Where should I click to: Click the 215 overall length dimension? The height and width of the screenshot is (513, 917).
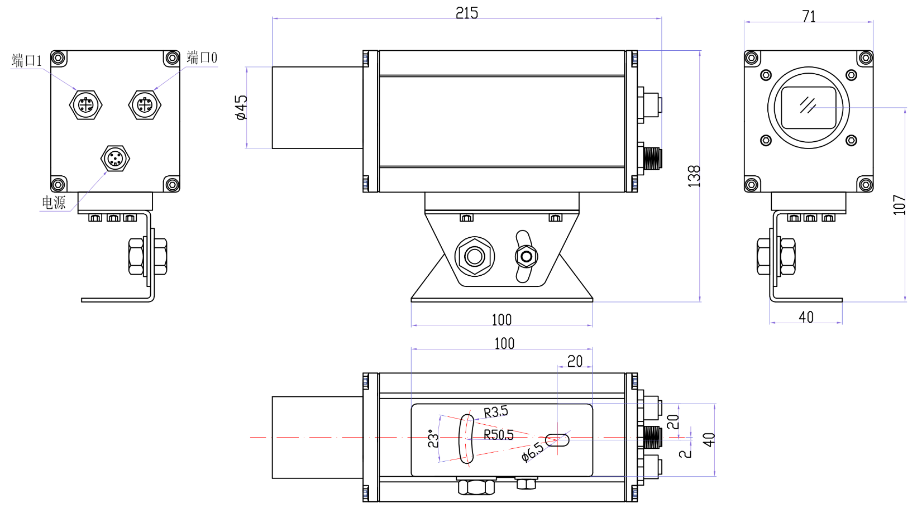pyautogui.click(x=466, y=13)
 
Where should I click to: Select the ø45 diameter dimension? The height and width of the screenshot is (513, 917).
pyautogui.click(x=241, y=107)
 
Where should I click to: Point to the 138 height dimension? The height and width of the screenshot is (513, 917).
pyautogui.click(x=694, y=176)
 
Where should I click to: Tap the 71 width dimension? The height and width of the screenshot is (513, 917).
pyautogui.click(x=809, y=17)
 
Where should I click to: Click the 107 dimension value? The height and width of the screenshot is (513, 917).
pyautogui.click(x=899, y=205)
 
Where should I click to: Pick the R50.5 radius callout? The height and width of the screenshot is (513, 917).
pyautogui.click(x=498, y=435)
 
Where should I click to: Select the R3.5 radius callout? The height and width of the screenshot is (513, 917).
pyautogui.click(x=495, y=412)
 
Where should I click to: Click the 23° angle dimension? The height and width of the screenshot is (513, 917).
pyautogui.click(x=433, y=439)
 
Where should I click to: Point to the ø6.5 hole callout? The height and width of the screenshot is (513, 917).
pyautogui.click(x=532, y=452)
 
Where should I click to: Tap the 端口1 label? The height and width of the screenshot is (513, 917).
pyautogui.click(x=27, y=60)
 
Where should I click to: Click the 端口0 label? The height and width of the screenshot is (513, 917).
pyautogui.click(x=202, y=57)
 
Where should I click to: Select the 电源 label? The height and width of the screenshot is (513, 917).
pyautogui.click(x=54, y=203)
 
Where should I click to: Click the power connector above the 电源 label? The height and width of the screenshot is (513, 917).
pyautogui.click(x=115, y=159)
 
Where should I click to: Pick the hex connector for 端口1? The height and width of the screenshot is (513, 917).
pyautogui.click(x=86, y=105)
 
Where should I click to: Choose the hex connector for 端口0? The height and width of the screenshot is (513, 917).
pyautogui.click(x=145, y=105)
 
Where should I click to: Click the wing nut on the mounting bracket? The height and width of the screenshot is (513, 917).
pyautogui.click(x=525, y=257)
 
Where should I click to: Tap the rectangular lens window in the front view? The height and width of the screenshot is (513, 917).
pyautogui.click(x=808, y=107)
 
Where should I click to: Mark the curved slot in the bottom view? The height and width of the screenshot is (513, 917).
pyautogui.click(x=466, y=439)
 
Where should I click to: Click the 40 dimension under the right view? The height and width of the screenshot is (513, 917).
pyautogui.click(x=806, y=317)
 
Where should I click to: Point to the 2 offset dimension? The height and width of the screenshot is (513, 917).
pyautogui.click(x=685, y=452)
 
